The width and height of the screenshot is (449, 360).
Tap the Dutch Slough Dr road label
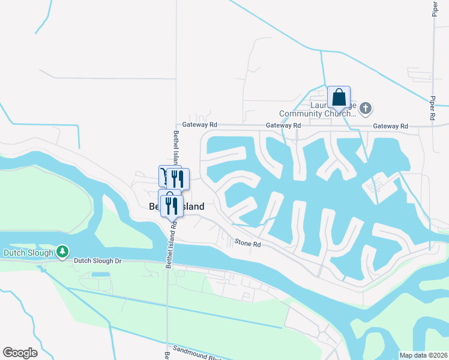tap(98, 261)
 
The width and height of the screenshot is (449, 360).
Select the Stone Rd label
tap(247, 244)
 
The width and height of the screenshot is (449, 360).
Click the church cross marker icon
tap(366, 109)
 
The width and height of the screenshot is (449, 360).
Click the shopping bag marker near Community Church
tap(339, 98)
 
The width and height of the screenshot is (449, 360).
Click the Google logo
tap(20, 352)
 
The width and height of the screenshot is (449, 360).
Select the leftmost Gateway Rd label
tap(200, 125)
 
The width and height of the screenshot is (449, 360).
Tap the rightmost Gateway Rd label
tap(390, 126)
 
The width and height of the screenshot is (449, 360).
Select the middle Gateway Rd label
tap(283, 125)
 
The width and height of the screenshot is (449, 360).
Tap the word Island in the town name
tap(192, 206)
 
